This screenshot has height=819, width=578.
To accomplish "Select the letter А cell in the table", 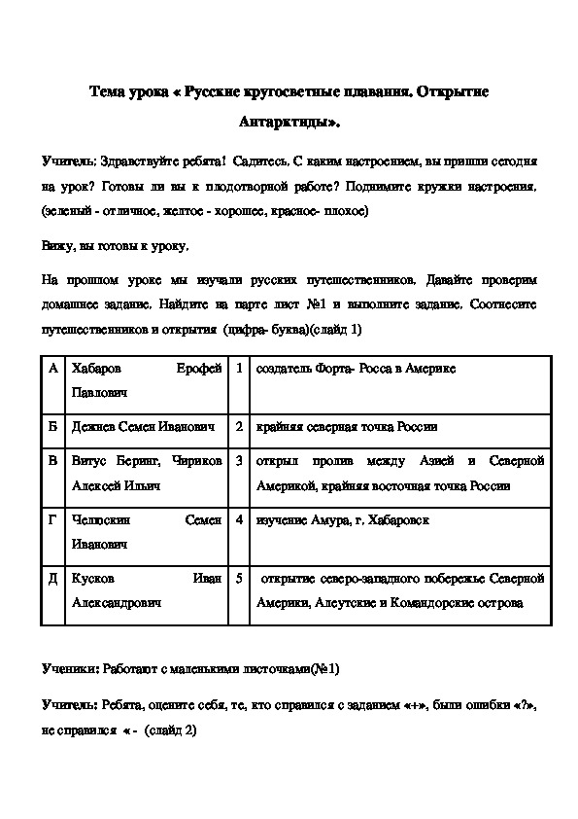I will click(53, 370).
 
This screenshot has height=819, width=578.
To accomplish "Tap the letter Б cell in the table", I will click(53, 426).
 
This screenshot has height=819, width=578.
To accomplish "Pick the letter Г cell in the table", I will click(53, 520).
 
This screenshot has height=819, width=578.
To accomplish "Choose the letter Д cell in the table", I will click(53, 578).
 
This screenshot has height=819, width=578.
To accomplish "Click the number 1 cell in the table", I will click(238, 370).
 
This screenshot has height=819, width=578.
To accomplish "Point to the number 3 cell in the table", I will click(238, 460).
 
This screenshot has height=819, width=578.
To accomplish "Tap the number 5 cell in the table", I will click(238, 578).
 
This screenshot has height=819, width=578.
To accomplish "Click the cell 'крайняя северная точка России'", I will click(347, 426).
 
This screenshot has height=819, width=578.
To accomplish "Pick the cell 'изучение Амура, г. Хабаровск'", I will click(343, 520).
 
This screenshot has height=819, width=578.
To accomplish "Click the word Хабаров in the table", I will click(96, 370).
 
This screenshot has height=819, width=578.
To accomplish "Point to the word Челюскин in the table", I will click(101, 520).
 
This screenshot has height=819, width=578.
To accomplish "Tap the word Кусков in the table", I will click(92, 578).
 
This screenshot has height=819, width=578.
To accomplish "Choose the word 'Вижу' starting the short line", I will click(57, 247).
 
